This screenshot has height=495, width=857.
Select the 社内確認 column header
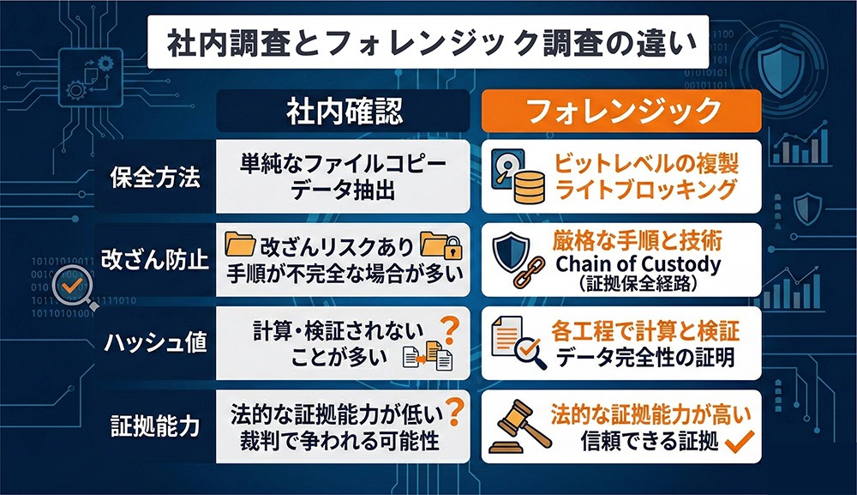pyautogui.click(x=344, y=112)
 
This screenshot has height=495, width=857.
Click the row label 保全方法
pyautogui.click(x=156, y=178)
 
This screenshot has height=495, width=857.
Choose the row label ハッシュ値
pyautogui.click(x=156, y=343)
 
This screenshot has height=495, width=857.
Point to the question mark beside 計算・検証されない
pyautogui.click(x=446, y=326)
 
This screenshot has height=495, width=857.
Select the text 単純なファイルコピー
pyautogui.click(x=344, y=163)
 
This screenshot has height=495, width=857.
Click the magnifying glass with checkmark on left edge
pyautogui.click(x=68, y=286)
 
